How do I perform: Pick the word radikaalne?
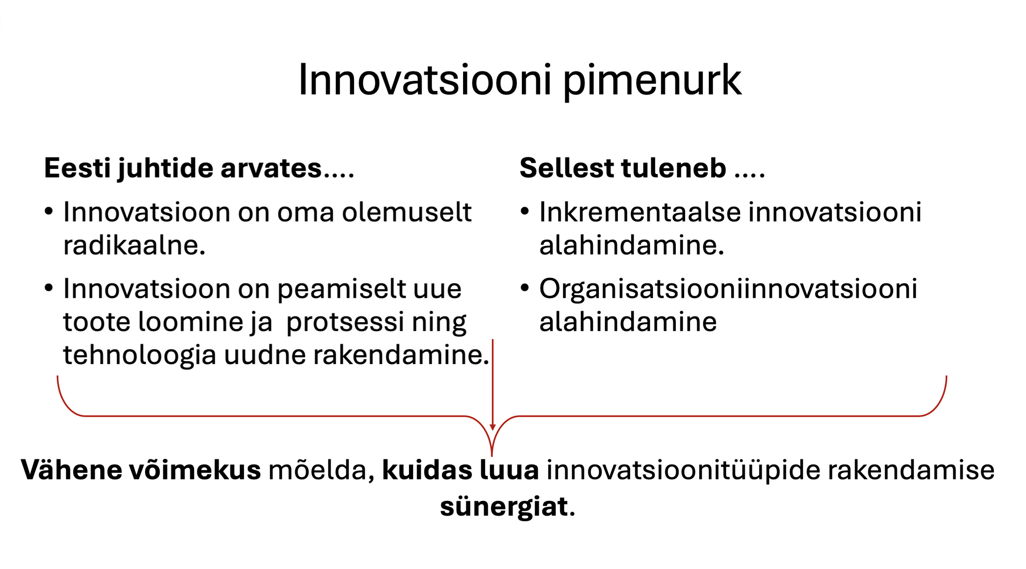pos(134,245)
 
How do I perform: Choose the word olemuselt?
pos(407,212)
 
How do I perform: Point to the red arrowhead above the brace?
pos(492,427)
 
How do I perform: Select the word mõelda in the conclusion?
pos(322,470)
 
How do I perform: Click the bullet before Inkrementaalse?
pos(525,212)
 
